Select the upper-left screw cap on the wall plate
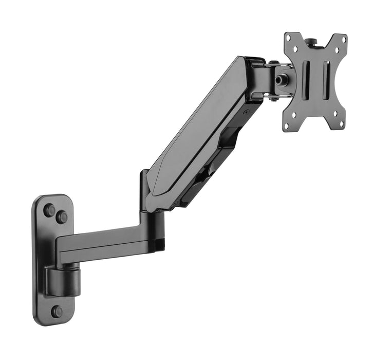pyautogui.click(x=49, y=210)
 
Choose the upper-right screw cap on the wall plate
pyautogui.click(x=62, y=217)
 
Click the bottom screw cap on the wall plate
pyautogui.click(x=57, y=312)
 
